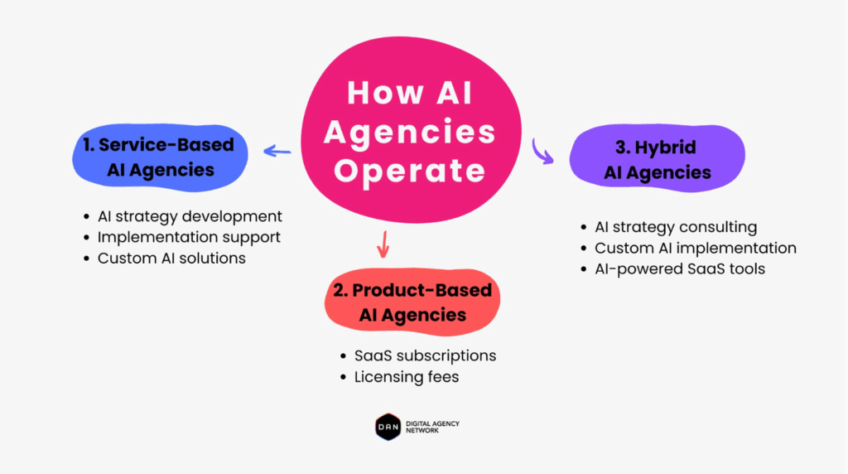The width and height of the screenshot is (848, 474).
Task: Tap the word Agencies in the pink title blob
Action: coord(410,131)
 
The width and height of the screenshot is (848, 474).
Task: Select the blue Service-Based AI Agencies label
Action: coord(159,157)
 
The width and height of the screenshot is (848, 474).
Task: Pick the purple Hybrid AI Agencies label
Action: coord(657,159)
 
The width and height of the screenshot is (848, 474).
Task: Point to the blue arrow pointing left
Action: coord(277,151)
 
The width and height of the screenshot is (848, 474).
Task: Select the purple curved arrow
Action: coord(542,152)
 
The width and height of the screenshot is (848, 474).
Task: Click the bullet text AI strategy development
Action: coord(190,216)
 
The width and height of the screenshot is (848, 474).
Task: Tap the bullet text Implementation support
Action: coord(189,237)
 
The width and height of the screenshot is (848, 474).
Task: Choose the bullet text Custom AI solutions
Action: coord(171,258)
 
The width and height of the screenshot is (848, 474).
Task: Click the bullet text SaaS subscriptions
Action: coord(425,355)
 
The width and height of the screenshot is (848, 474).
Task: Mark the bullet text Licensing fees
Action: coord(406,377)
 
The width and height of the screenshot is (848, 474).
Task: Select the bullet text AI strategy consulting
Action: coord(676,227)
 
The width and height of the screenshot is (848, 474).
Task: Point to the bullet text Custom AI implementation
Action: coord(696,248)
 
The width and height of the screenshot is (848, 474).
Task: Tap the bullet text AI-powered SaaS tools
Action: coord(680,268)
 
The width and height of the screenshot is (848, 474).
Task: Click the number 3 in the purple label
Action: coord(620,148)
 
